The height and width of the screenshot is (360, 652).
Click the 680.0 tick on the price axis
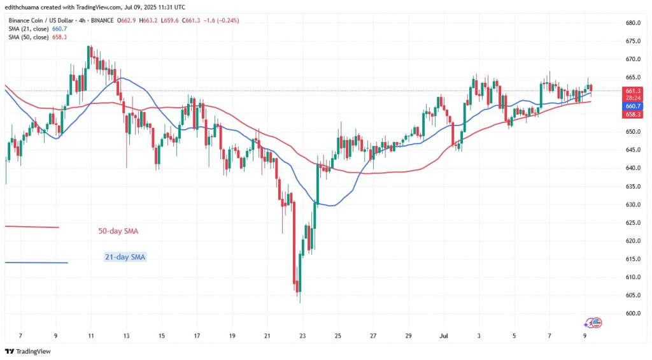632,23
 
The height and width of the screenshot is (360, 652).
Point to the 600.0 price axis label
632,313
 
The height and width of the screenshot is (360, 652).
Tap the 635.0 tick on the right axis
632,187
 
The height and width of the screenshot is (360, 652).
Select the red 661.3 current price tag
632,90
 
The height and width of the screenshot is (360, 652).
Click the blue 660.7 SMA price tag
632,106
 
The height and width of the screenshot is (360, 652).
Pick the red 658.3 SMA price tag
632,114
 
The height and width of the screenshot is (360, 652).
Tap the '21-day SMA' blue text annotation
124,257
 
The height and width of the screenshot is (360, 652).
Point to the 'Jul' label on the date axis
444,336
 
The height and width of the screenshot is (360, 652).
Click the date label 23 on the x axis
302,336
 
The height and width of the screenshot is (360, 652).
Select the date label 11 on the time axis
91,336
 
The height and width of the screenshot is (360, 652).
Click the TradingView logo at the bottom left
29,352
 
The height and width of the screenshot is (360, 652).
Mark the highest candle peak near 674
90,47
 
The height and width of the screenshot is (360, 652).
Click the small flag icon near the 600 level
594,323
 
